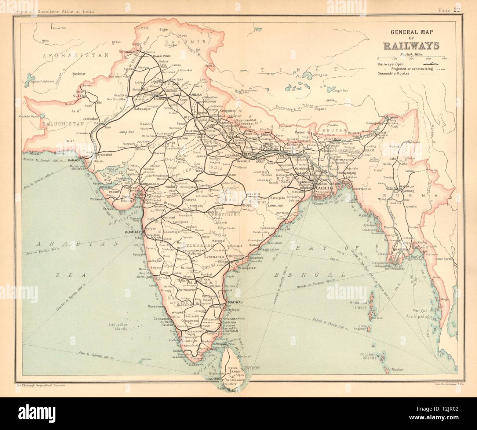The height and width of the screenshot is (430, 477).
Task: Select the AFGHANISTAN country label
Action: pyautogui.click(x=76, y=55)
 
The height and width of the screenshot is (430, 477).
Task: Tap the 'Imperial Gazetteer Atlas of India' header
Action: pyautogui.click(x=54, y=11)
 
